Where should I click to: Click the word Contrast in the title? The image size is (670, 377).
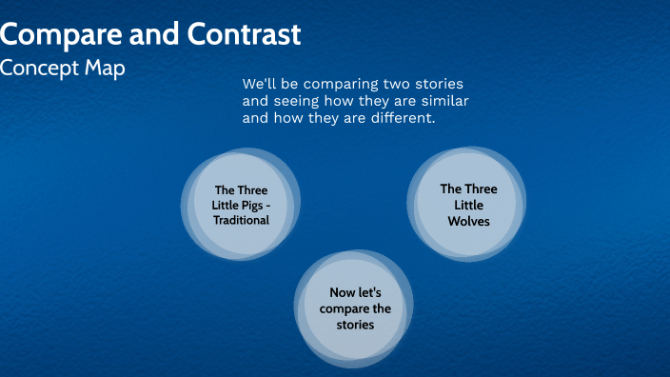coord(243,35)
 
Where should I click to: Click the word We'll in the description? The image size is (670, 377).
coord(262,83)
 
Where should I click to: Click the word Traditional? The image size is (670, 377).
coord(241,220)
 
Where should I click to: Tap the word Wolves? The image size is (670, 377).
coord(468,221)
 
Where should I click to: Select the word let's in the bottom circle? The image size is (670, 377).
coord(370,293)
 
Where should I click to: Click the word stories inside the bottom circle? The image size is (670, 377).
coord(355,325)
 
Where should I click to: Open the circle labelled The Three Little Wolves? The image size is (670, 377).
coord(468,205)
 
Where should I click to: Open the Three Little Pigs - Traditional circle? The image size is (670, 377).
coord(241,205)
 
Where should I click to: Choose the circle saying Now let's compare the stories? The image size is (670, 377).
coord(355,309)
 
